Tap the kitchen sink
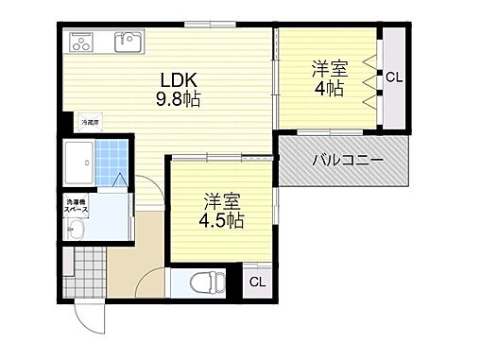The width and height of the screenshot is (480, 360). click(127, 42)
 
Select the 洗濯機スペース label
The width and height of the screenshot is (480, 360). click(77, 206)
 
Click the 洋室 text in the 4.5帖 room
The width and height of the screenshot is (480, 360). click(223, 200)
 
